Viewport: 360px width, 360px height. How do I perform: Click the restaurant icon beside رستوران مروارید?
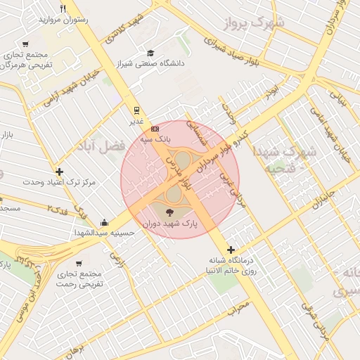tap(63, 9)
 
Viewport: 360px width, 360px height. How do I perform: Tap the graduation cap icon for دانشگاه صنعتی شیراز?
tap(150, 53)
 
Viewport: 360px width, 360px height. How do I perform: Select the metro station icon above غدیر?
tap(136, 110)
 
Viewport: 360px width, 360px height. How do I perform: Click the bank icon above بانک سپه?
tap(155, 129)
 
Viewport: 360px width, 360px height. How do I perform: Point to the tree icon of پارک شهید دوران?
tap(169, 212)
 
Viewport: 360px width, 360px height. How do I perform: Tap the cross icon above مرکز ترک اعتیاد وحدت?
tap(59, 172)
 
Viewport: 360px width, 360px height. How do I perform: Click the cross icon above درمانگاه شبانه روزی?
tap(231, 249)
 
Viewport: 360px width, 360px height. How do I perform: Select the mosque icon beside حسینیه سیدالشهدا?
tap(104, 222)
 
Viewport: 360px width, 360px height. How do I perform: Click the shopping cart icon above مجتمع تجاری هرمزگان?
tap(26, 44)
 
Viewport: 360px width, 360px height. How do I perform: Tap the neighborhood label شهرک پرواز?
tap(261, 24)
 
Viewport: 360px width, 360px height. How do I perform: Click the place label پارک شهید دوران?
tap(170, 224)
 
